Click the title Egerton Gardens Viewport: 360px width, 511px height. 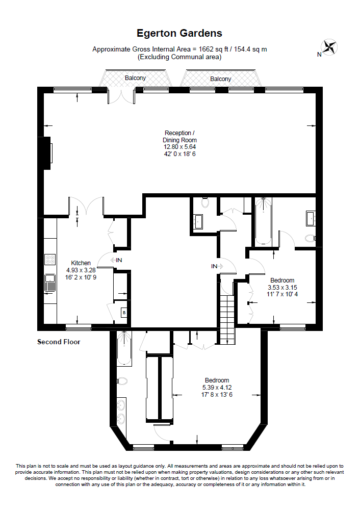pos(179,33)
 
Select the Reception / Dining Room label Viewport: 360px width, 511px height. pos(179,136)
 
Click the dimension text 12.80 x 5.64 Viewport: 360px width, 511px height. pos(179,147)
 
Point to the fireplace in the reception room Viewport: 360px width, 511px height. pos(47,152)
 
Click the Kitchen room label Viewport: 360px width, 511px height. pos(81,263)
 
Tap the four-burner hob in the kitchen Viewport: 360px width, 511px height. pos(50,259)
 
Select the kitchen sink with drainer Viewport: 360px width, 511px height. pos(50,282)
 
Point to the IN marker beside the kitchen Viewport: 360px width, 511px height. pos(118,260)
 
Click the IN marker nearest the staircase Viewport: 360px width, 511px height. pos(215,266)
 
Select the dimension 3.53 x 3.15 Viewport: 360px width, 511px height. pos(282,288)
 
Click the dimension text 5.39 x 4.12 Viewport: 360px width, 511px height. pos(217,387)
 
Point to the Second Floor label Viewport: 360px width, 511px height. pos(59,342)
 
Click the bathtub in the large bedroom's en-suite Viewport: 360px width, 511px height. pos(123,349)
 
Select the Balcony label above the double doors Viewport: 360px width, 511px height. pos(135,78)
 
